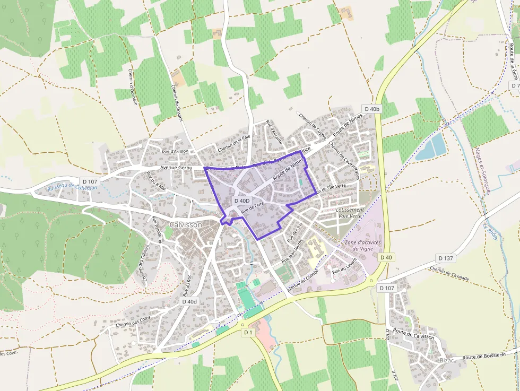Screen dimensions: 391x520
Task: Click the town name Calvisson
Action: [186, 225]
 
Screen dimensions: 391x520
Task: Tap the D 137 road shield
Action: [446, 258]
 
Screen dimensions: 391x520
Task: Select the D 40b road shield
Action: [372, 109]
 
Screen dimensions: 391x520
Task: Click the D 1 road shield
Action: [248, 332]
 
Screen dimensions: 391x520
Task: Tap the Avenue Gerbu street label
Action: [176, 168]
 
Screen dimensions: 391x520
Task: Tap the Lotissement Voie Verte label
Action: [350, 213]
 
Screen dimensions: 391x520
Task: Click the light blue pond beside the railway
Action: [431, 147]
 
